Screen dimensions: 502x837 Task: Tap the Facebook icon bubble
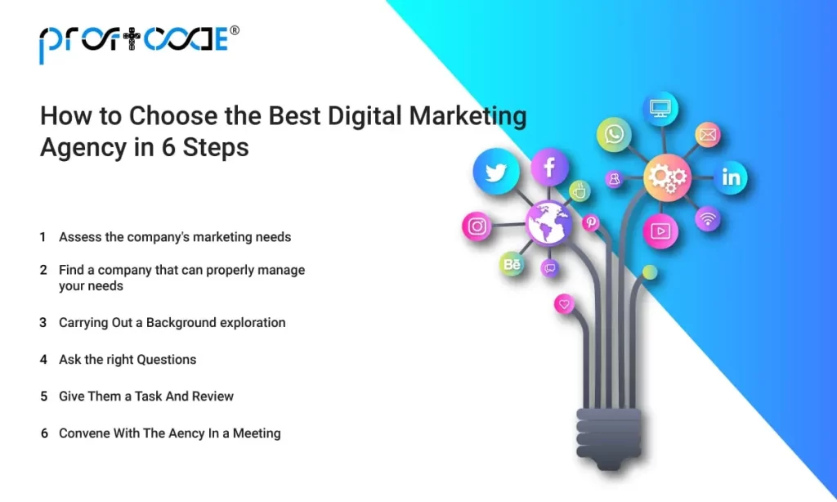[x=549, y=168]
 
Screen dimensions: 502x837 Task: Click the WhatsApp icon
[x=613, y=135]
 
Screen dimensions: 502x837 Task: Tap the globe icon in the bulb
[x=548, y=223]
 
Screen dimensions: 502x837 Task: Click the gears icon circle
[x=667, y=177]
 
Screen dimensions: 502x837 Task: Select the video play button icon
[x=660, y=231]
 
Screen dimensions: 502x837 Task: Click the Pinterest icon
[x=590, y=222]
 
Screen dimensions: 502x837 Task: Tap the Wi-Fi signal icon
[x=708, y=218]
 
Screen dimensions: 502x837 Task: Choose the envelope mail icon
[x=707, y=134]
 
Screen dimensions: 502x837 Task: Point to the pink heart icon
[x=564, y=305]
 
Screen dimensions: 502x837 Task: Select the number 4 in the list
[x=43, y=359]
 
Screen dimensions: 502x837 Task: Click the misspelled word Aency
[x=186, y=433]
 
